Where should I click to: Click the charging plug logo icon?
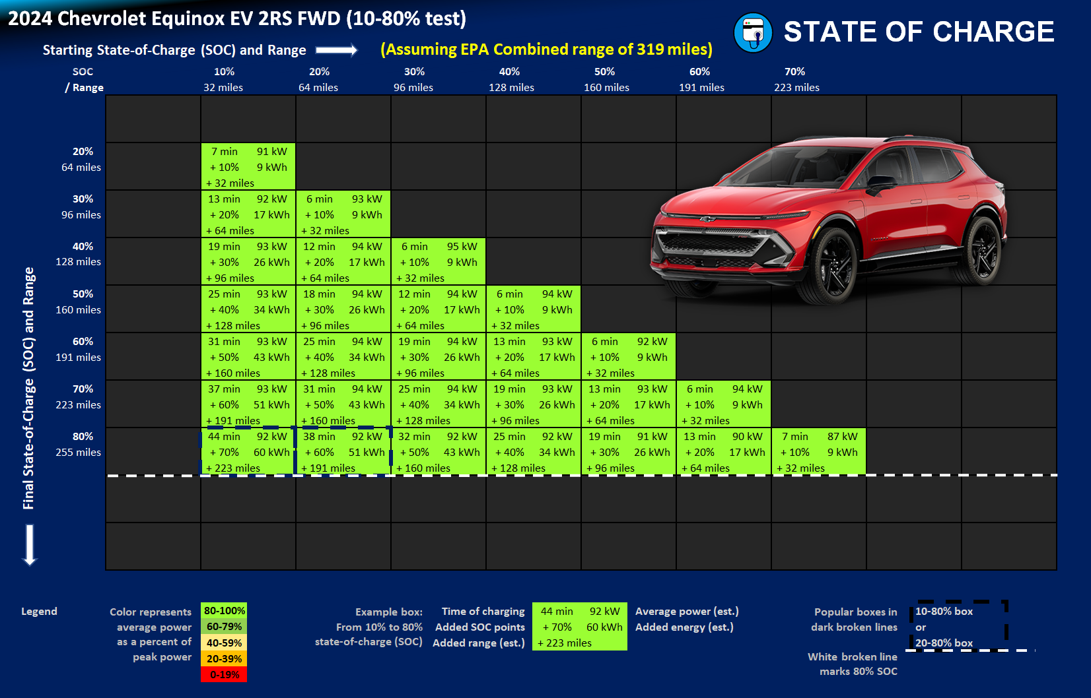click(753, 32)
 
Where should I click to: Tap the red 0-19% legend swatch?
click(224, 674)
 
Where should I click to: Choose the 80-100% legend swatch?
click(224, 611)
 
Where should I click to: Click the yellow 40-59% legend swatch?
click(224, 643)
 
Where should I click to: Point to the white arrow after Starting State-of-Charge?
click(336, 50)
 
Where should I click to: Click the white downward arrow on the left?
click(30, 545)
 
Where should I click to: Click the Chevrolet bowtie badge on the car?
click(707, 219)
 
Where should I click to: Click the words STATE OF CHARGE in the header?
click(919, 32)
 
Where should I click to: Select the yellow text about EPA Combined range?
click(546, 49)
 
